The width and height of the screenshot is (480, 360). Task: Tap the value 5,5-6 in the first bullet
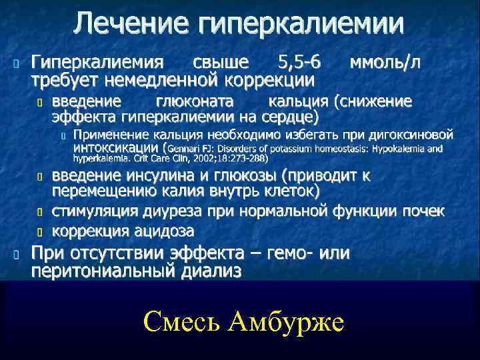coord(298,63)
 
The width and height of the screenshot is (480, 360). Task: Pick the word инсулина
coord(157,176)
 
